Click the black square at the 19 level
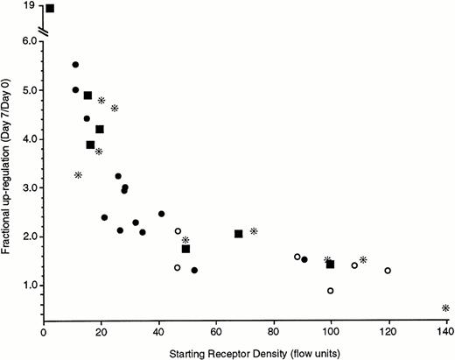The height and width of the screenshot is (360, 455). coord(50,9)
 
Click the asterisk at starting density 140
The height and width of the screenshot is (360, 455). coord(445,308)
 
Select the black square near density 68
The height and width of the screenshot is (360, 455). coord(239,234)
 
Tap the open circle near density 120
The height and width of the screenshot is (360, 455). coord(388,271)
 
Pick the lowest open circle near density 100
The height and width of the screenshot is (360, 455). coord(331,291)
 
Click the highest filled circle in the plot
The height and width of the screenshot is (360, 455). coord(75,65)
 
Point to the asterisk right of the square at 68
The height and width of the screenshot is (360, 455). coord(254,231)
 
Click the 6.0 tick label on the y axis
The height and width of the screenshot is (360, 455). coord(27,41)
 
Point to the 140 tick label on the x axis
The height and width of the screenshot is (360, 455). coord(445,333)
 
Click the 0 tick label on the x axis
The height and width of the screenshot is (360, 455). coord(45,333)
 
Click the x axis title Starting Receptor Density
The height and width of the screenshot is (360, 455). coord(245,351)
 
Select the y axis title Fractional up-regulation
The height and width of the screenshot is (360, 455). coord(9,166)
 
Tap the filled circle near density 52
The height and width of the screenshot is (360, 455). coord(194,271)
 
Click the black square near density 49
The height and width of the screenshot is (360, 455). coord(185,249)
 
